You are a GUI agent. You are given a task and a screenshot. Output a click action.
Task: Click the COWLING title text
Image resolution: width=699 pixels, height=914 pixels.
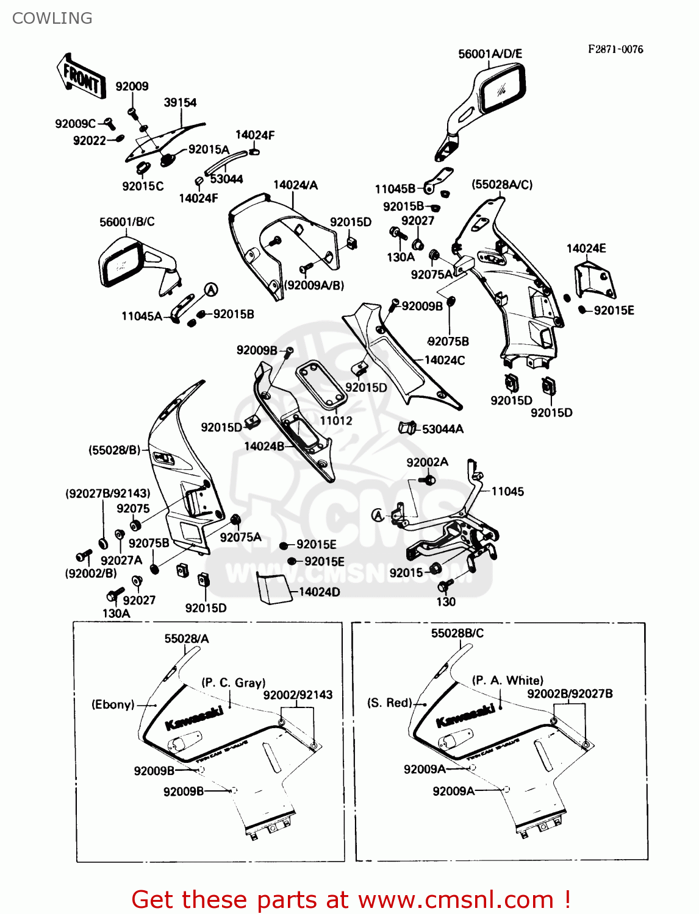(x=52, y=18)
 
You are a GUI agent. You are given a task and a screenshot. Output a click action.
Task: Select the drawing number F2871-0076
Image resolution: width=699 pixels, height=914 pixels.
(x=615, y=49)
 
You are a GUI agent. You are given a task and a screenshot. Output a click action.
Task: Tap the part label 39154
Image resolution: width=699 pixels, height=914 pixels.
(x=180, y=102)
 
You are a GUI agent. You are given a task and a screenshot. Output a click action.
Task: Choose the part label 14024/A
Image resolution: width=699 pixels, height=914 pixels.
(x=295, y=185)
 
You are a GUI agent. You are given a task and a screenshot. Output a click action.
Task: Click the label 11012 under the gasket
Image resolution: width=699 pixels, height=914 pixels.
(x=336, y=420)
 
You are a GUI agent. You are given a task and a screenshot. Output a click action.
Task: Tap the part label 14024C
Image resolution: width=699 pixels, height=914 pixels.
(x=445, y=360)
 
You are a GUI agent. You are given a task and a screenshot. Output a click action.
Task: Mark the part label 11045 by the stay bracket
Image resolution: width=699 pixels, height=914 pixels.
(x=507, y=491)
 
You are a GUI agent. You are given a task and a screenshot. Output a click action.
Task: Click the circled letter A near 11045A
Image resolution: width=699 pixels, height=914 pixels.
(x=210, y=290)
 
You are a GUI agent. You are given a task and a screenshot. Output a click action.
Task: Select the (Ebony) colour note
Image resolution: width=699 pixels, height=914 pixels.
(x=113, y=704)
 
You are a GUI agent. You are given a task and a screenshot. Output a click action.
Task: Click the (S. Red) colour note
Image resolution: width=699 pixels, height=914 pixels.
(x=389, y=703)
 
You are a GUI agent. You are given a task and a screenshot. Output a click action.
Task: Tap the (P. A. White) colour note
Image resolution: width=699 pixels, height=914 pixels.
(x=507, y=680)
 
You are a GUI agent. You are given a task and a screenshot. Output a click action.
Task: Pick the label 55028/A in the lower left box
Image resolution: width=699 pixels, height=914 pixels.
(x=187, y=638)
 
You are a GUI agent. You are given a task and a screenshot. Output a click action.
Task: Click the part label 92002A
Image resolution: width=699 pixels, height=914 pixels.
(x=427, y=462)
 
